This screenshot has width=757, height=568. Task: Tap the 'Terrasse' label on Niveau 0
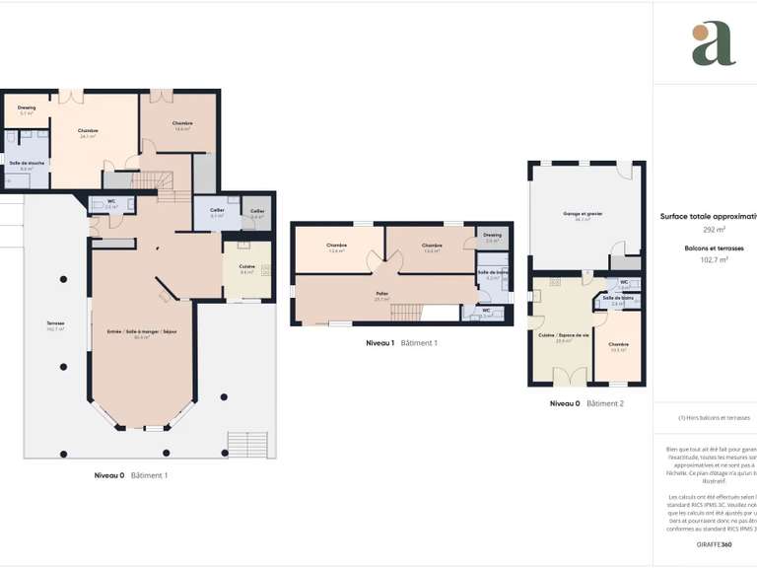[x=55, y=326]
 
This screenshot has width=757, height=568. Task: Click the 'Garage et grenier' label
[x=577, y=215]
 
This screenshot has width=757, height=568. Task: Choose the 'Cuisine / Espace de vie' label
[x=564, y=336]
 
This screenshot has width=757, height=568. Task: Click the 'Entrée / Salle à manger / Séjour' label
[x=142, y=333]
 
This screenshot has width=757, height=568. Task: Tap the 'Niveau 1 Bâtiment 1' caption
[x=401, y=343]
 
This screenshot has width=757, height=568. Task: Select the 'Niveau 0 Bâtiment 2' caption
[x=586, y=403]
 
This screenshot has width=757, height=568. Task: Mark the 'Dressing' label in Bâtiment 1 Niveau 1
[x=493, y=236]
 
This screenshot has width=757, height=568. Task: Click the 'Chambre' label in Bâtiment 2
[x=619, y=345]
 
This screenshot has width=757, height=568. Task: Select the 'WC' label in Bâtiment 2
[x=622, y=283]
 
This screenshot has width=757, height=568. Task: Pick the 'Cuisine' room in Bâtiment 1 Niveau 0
[x=246, y=268]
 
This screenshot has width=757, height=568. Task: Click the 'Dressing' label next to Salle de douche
[x=27, y=108]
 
